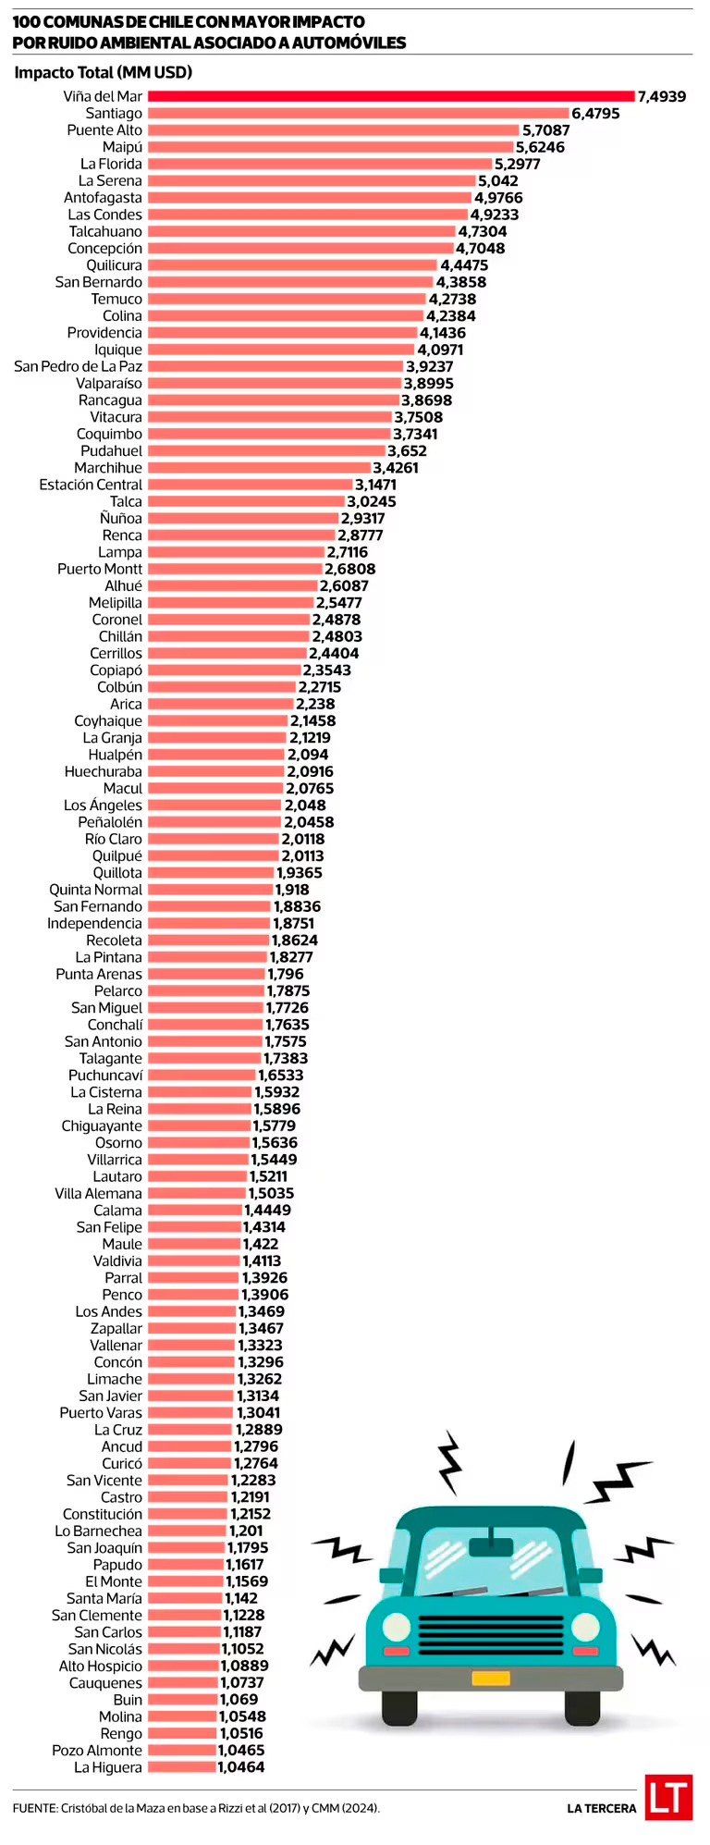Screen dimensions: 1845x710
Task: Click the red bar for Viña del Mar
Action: (391, 96)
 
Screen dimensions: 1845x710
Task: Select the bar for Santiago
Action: (358, 113)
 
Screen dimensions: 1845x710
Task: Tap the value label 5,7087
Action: (545, 130)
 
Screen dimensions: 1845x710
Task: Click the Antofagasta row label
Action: (103, 198)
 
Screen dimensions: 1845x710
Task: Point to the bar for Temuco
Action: (287, 299)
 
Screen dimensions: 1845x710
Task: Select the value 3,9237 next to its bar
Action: (429, 366)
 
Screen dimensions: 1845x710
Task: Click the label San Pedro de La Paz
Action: (78, 366)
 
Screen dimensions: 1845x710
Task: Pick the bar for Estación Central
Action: (250, 485)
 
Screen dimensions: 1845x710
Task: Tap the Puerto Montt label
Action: (100, 569)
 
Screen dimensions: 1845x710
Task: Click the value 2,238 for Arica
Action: (315, 704)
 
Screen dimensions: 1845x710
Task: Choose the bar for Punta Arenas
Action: (206, 974)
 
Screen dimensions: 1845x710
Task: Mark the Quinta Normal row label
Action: (95, 890)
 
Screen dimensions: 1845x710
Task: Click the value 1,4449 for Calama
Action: (267, 1210)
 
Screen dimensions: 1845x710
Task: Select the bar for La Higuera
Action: (181, 1767)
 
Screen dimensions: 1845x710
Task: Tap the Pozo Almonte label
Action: (97, 1751)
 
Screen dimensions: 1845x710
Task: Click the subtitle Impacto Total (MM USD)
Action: (103, 72)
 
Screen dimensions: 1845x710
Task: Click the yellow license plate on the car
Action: (490, 1678)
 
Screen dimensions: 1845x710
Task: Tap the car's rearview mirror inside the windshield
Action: (490, 1546)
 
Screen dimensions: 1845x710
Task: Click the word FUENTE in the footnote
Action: (35, 1808)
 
